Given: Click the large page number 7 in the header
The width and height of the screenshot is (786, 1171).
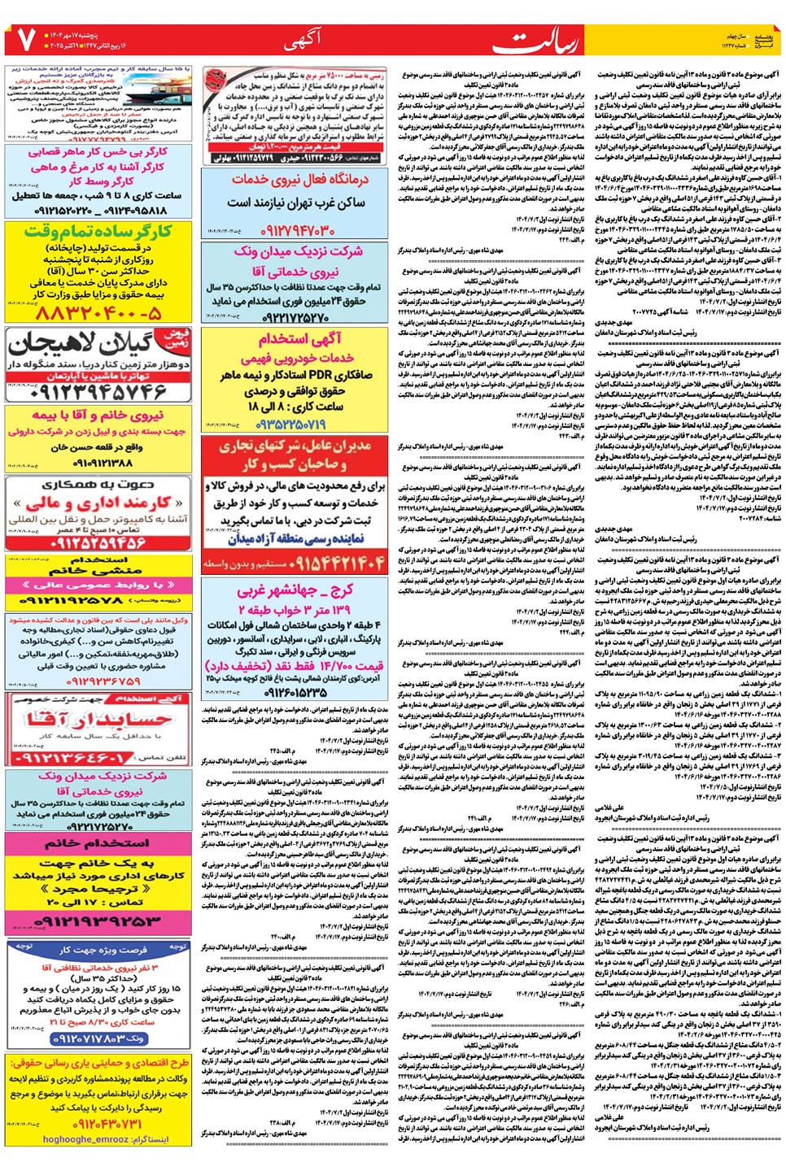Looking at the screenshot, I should pyautogui.click(x=24, y=38).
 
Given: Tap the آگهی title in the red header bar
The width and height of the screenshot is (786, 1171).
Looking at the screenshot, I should pyautogui.click(x=302, y=38).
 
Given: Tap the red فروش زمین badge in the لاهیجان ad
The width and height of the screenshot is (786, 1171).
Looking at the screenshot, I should pyautogui.click(x=177, y=338).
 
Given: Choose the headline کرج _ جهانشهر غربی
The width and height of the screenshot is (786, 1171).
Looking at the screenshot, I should pyautogui.click(x=295, y=590).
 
